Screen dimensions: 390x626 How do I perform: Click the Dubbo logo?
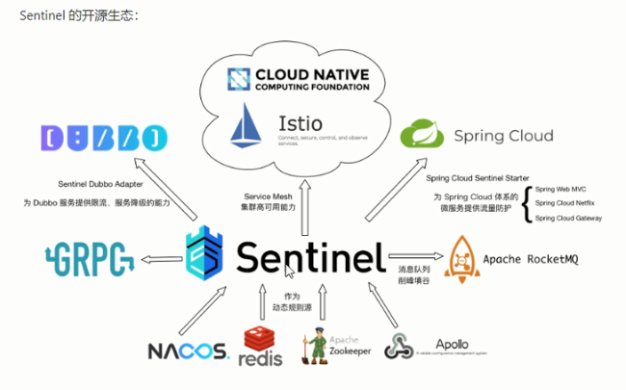click(91, 137)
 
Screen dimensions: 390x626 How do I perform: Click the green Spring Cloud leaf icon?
click(421, 135)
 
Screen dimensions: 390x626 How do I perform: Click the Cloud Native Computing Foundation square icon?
click(239, 78)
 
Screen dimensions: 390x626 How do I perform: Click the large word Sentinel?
click(311, 257)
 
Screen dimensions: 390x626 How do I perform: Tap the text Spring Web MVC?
click(563, 189)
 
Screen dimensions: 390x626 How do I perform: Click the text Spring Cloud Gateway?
click(569, 219)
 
